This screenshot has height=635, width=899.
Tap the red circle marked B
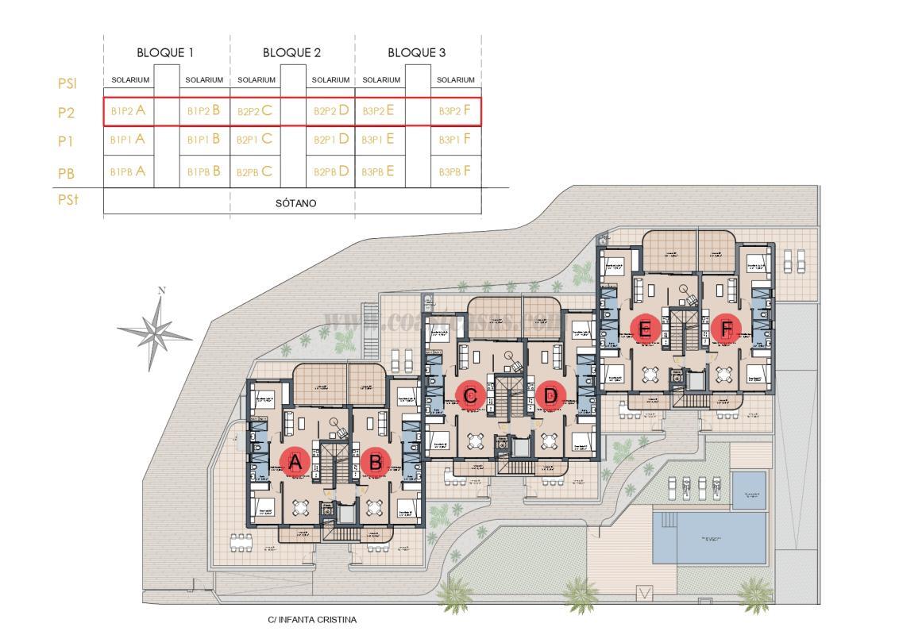376,463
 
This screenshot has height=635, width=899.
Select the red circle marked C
469,394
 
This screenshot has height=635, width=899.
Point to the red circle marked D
550,394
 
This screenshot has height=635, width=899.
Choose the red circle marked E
644,328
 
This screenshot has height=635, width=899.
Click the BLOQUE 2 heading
291,53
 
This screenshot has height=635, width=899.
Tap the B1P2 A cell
129,111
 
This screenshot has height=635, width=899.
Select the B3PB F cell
456,171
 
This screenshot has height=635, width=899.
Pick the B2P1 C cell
255,140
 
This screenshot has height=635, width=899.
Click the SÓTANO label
295,203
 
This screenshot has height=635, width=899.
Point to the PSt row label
68,201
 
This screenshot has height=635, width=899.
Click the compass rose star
156,330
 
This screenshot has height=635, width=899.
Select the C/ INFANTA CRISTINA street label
313,620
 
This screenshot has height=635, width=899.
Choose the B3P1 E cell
378,140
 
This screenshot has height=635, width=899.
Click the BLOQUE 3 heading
416,53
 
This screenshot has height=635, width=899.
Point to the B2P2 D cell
331,111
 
